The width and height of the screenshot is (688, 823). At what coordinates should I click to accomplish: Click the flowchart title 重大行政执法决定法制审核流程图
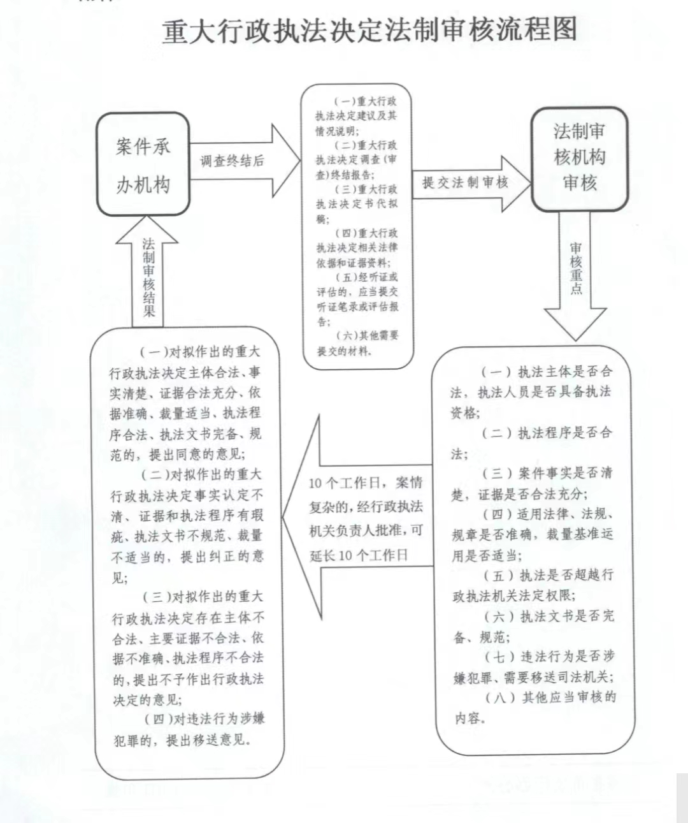369,29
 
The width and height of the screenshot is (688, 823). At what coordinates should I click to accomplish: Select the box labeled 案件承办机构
143,164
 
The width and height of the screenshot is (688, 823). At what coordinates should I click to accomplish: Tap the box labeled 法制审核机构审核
580,159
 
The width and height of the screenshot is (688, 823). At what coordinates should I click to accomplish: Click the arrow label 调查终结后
232,161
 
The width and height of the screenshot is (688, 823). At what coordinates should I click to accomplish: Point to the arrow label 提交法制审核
465,182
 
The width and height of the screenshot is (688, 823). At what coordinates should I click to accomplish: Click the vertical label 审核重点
576,268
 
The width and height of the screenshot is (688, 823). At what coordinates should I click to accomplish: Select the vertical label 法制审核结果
148,277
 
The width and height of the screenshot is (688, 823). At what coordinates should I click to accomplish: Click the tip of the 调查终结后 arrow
300,161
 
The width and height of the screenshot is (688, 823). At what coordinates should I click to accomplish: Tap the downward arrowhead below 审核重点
575,324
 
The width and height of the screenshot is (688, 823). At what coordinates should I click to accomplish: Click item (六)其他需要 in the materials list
368,335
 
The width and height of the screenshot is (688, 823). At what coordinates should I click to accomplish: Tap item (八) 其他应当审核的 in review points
550,697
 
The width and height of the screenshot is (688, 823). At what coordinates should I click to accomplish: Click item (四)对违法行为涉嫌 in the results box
204,719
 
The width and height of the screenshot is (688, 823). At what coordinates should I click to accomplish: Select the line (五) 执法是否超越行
548,576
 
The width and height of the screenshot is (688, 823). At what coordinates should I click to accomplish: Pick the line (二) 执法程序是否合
547,433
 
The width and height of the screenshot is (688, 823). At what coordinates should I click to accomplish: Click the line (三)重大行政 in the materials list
366,189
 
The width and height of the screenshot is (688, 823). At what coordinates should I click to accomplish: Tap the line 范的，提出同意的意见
178,455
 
